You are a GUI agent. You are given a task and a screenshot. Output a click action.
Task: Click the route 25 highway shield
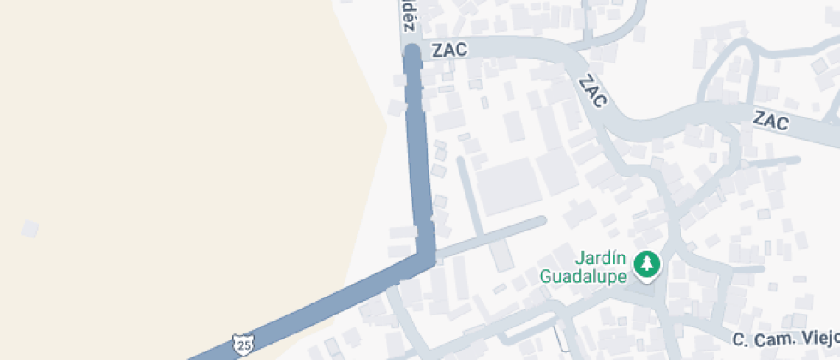(243, 345)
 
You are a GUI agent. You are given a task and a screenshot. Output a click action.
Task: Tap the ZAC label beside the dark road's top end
(450, 50)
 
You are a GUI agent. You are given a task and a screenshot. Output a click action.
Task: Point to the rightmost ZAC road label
(771, 121)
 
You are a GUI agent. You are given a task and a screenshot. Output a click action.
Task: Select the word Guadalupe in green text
(582, 276)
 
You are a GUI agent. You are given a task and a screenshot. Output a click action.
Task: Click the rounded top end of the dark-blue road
(411, 53)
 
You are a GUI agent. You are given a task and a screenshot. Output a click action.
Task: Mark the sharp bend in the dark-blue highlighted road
(426, 255)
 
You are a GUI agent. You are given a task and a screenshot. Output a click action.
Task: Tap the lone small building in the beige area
(30, 229)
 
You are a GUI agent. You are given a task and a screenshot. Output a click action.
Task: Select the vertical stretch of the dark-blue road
(418, 154)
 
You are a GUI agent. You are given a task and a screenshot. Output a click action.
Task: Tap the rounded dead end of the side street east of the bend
(540, 221)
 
